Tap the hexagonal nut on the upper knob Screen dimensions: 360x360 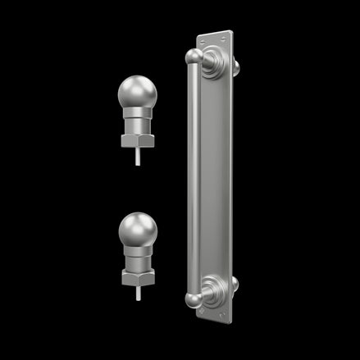[136, 140]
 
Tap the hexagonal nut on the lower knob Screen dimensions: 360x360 [137, 278]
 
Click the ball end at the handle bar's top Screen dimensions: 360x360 [194, 57]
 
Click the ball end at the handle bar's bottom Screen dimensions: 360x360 [194, 299]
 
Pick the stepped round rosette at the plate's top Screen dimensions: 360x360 [216, 61]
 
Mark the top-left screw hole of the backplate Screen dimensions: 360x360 [200, 38]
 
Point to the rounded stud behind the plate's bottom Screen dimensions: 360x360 [235, 284]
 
